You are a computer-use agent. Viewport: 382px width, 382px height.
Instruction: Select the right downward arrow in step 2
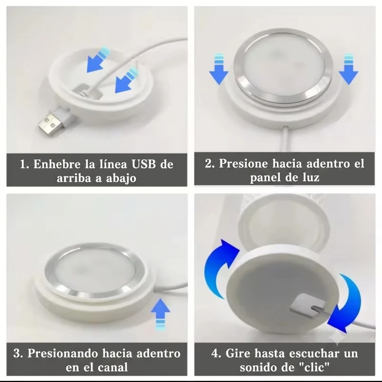click(x=348, y=69)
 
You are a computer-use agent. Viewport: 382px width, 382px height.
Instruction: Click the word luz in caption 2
click(x=311, y=177)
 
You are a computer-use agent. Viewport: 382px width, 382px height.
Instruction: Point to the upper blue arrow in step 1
click(x=98, y=60)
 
